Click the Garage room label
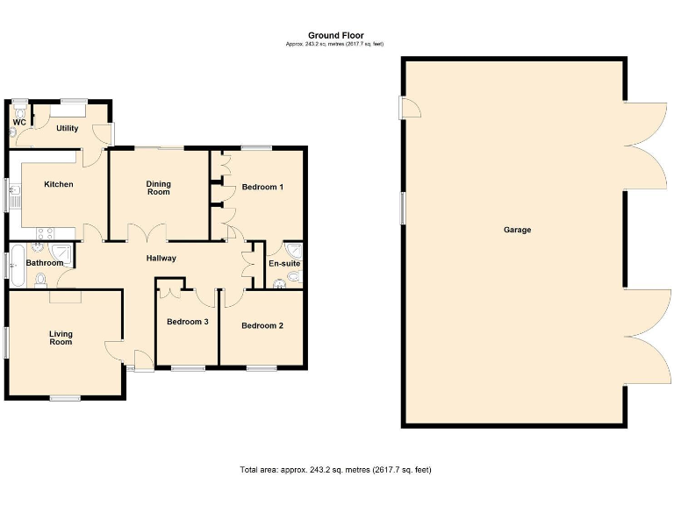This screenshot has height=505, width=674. [x=517, y=230]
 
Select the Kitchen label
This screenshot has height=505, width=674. [x=59, y=184]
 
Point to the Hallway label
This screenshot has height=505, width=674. [x=161, y=258]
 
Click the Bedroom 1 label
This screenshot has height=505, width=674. [x=262, y=187]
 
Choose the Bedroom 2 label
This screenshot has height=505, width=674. [x=262, y=326]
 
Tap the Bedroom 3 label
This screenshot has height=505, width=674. [x=187, y=322]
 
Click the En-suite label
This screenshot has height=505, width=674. [x=284, y=263]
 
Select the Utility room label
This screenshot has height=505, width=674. [x=68, y=128]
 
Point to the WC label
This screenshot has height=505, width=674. [x=18, y=122]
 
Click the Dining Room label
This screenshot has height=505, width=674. [x=158, y=188]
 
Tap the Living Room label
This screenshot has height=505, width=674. [x=61, y=338]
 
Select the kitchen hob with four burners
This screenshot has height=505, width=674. [x=42, y=233]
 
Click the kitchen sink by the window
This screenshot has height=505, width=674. [x=15, y=194]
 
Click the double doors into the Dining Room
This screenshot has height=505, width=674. [x=147, y=233]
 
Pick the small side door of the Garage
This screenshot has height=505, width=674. [x=408, y=108]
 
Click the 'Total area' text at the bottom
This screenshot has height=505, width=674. [x=335, y=470]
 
